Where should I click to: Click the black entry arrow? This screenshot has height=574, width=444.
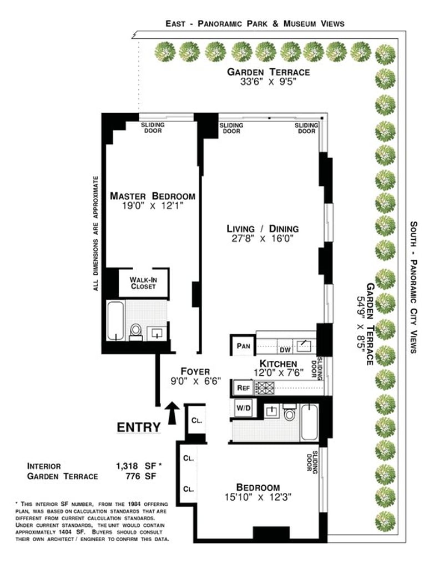173,413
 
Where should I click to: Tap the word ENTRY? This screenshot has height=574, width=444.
139,427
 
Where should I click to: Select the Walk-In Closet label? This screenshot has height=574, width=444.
143,283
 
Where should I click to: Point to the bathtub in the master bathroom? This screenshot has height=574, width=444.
115,321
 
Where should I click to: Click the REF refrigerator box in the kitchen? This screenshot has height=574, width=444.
244,388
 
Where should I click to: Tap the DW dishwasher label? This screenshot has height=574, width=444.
285,350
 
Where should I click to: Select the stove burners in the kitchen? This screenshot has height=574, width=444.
264,387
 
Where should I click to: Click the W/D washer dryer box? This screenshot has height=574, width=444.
244,407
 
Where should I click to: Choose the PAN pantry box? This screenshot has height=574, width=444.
243,346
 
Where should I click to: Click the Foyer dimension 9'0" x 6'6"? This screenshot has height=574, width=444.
195,381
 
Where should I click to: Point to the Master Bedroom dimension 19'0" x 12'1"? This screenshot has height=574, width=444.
152,206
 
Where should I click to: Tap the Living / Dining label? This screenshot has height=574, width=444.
263,229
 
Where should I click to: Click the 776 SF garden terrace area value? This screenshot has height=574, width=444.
140,476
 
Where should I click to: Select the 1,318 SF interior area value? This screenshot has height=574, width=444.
136,466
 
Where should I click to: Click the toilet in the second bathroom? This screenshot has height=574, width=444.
290,412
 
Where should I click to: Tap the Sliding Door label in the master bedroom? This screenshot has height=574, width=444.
153,127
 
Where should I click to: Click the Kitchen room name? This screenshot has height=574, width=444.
278,364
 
